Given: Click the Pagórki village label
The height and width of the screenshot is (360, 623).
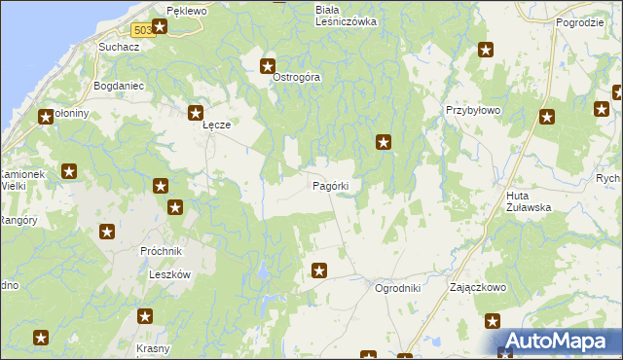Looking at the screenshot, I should tap(330, 185).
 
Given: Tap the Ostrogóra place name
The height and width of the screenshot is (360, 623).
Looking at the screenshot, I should tap(296, 77).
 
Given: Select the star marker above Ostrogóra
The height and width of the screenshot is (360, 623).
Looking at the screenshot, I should tap(268, 66).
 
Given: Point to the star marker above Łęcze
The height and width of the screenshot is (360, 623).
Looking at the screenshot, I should tap(196, 113).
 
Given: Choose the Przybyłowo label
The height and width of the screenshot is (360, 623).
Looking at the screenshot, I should tap(472, 111).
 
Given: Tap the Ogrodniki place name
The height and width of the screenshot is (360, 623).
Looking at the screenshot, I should tap(397, 288).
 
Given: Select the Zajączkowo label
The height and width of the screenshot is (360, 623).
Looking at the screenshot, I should tap(476, 288).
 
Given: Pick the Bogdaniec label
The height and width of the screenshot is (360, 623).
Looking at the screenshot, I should tap(118, 86).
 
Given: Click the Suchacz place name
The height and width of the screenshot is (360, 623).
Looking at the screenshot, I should tap(115, 46).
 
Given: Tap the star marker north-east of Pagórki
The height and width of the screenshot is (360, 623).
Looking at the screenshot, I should tap(385, 143).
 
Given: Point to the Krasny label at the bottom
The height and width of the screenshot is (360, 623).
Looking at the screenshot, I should tap(153, 349).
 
